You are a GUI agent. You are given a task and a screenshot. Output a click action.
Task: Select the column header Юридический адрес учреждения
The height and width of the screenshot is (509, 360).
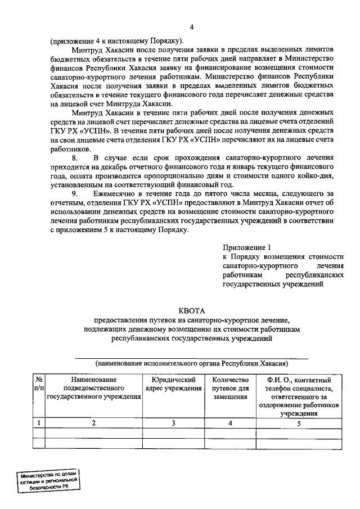click(173, 384)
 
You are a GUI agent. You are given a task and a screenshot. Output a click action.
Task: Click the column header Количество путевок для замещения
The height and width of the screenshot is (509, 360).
click(230, 388)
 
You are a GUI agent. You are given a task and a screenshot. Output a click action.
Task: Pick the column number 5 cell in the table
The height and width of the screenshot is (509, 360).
click(299, 422)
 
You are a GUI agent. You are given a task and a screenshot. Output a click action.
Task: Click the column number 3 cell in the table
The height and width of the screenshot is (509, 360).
click(173, 422)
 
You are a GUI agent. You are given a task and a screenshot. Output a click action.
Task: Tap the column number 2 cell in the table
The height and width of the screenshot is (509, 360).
click(94, 422)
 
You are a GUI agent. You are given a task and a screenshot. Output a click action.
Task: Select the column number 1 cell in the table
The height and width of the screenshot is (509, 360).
click(39, 422)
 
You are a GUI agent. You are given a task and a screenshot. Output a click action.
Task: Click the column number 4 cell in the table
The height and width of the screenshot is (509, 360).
click(230, 422)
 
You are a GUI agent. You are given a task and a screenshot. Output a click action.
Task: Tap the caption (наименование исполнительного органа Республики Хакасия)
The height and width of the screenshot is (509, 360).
click(192, 363)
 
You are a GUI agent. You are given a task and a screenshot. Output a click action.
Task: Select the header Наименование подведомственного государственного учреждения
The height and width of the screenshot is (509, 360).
click(94, 388)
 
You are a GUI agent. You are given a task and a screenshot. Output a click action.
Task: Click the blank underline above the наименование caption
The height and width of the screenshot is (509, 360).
click(192, 357)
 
